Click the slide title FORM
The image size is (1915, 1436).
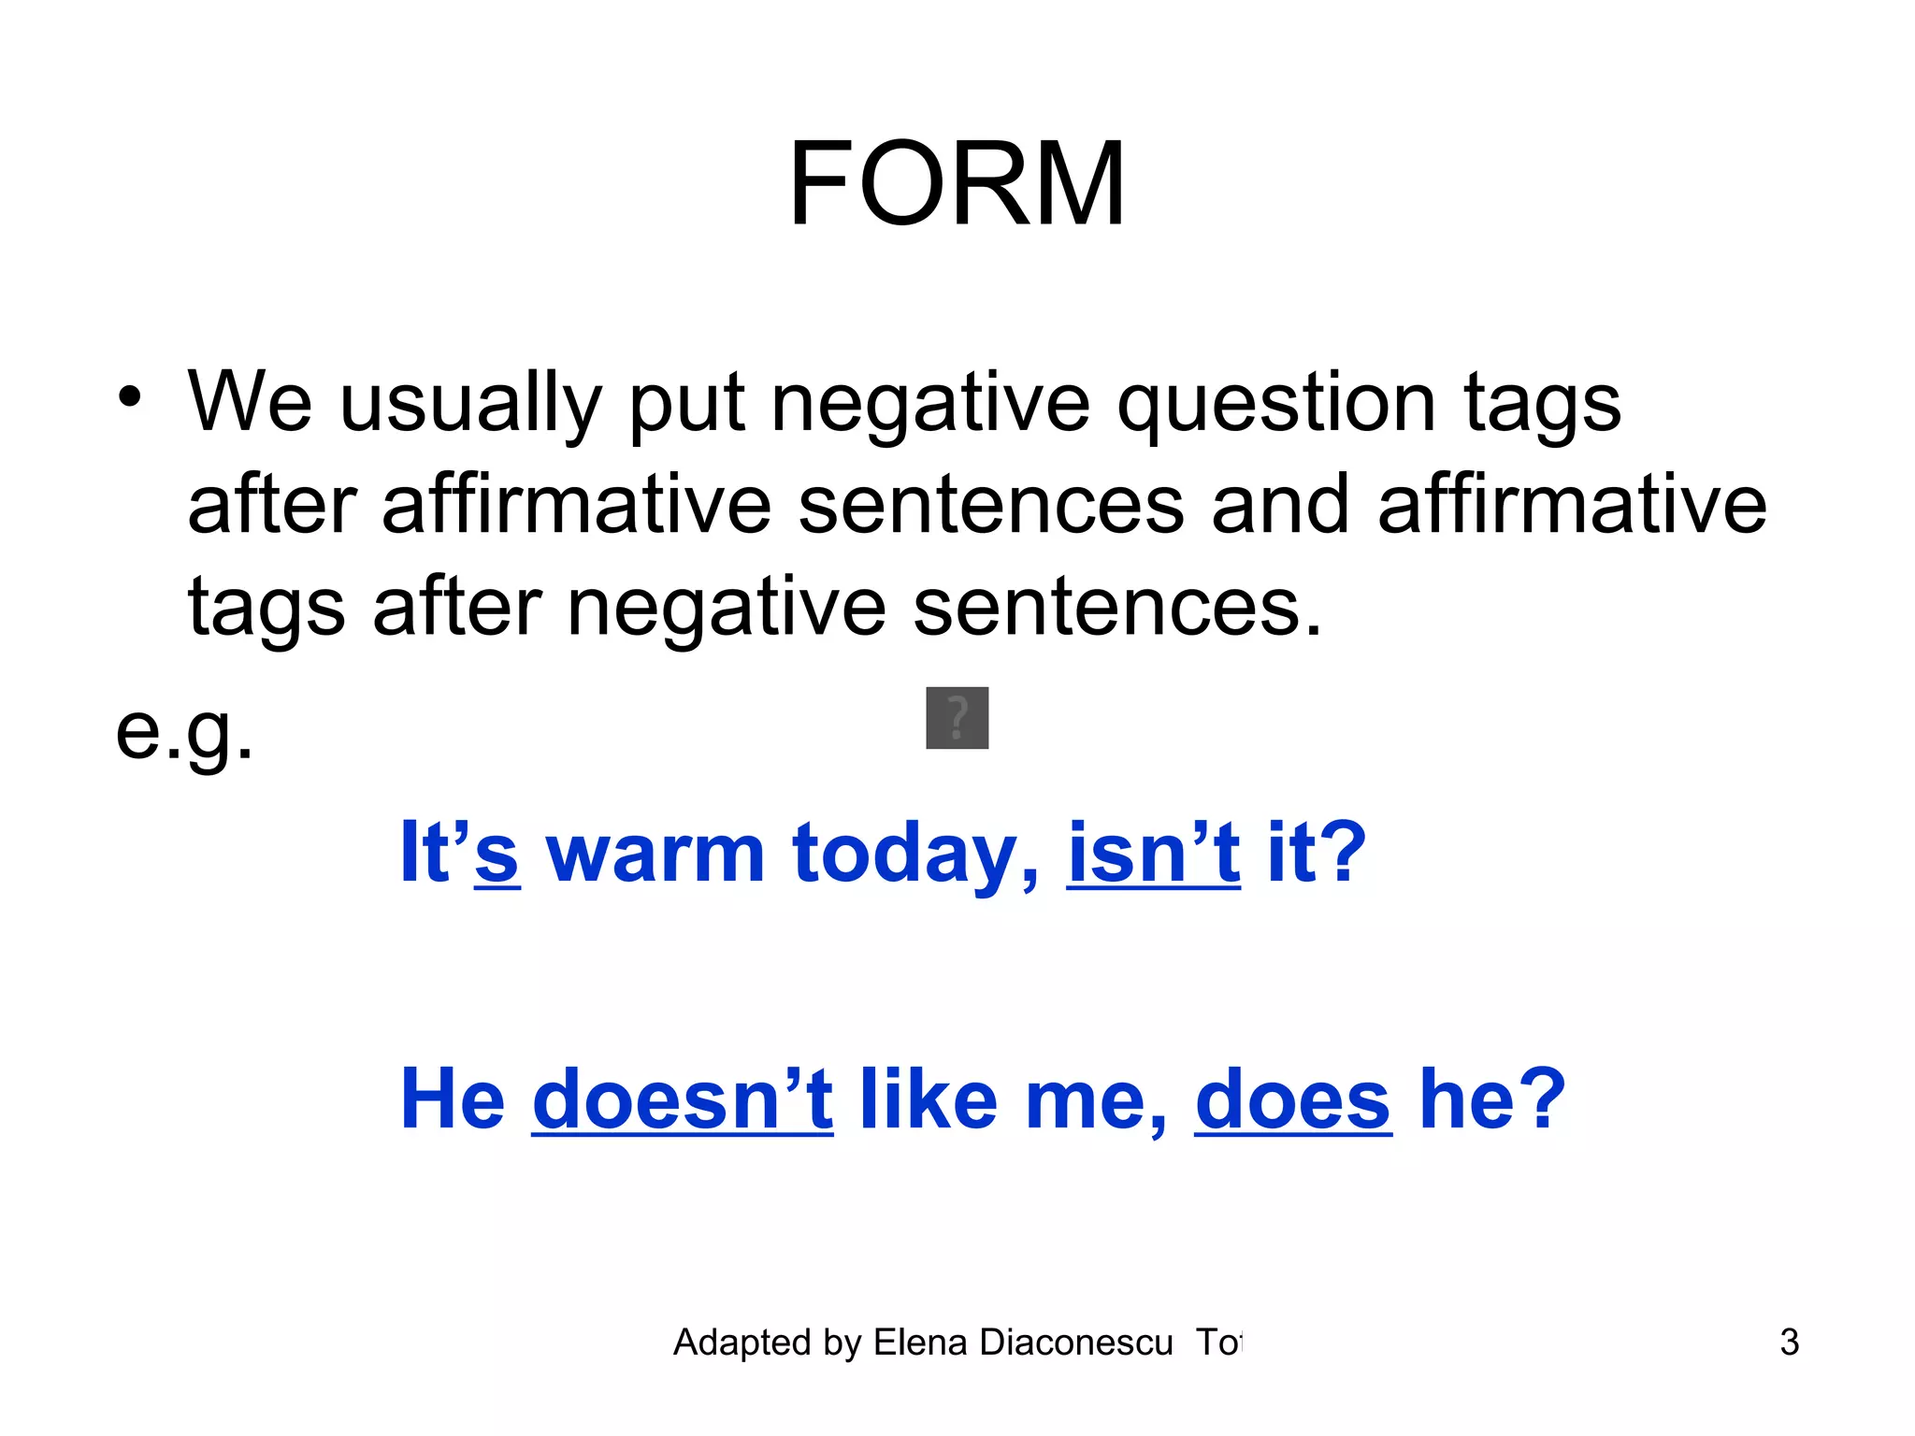pos(957,183)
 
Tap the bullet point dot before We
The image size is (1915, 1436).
pos(130,396)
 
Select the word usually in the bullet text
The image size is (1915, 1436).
pos(469,404)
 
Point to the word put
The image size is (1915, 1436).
pos(686,404)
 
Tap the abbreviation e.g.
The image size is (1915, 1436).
pos(184,732)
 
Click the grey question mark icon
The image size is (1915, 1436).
pos(957,718)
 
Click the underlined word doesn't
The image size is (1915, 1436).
pos(683,1099)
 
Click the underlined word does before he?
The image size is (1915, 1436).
pos(1293,1099)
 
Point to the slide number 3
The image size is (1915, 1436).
pos(1789,1343)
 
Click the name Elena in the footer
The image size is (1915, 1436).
pos(920,1343)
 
